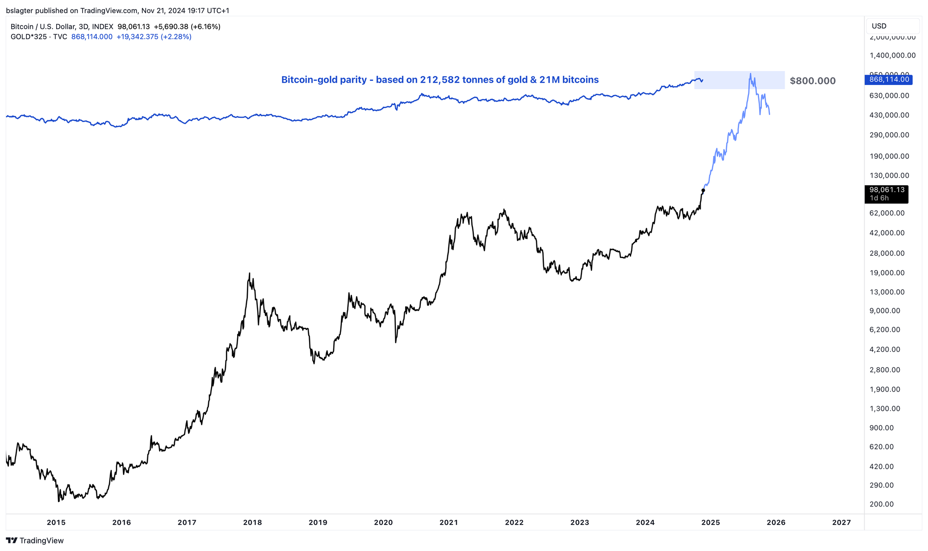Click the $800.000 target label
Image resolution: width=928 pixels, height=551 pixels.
tap(812, 81)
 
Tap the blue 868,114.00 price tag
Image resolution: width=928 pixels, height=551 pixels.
tap(889, 79)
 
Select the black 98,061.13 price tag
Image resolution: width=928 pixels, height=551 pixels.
tap(887, 190)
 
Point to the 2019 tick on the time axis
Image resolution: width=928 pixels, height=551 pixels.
tap(318, 522)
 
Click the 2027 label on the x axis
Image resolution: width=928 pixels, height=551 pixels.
tap(841, 522)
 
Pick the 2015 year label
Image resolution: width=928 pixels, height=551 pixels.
tap(56, 522)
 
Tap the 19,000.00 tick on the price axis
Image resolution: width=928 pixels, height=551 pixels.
tap(887, 272)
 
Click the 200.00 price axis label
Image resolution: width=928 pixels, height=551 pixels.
tap(882, 504)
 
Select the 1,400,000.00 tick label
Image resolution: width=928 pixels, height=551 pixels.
tap(892, 55)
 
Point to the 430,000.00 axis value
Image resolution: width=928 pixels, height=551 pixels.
tap(889, 115)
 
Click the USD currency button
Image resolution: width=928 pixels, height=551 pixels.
tap(879, 26)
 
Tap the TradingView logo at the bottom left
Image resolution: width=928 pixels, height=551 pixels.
tap(35, 540)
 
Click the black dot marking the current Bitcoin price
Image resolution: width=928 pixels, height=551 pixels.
tap(703, 190)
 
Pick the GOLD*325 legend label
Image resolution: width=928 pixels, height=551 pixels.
tap(28, 37)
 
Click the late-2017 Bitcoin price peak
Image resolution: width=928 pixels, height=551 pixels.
tap(250, 273)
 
